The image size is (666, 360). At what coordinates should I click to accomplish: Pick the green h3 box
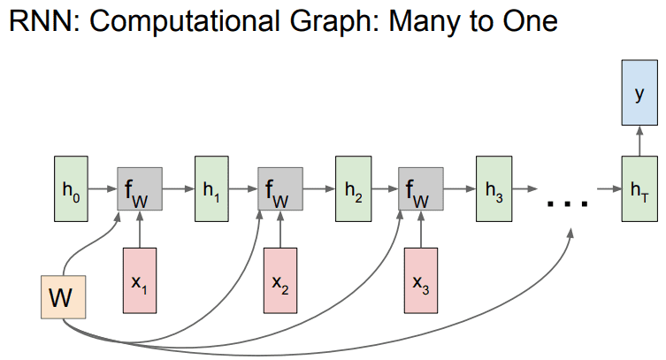click(x=494, y=189)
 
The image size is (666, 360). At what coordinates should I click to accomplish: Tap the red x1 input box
click(x=140, y=280)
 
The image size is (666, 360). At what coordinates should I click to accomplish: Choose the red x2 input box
click(x=280, y=280)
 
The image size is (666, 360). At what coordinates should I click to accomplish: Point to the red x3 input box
click(x=421, y=280)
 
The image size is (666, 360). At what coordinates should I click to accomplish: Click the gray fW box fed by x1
click(x=140, y=189)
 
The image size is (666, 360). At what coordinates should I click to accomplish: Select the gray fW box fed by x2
click(x=280, y=189)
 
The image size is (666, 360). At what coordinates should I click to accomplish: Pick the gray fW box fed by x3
click(x=421, y=189)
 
